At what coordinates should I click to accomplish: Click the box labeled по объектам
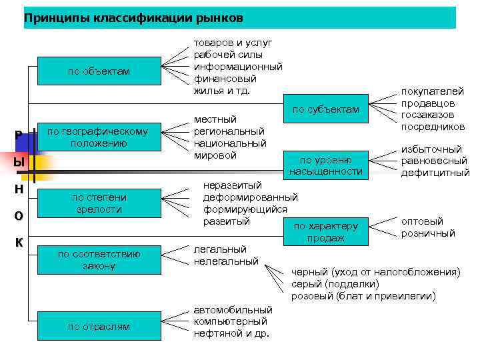(x=99, y=71)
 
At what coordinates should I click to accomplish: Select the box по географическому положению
(x=99, y=137)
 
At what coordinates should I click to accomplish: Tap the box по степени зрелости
(x=99, y=203)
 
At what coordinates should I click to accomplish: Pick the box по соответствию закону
(x=99, y=259)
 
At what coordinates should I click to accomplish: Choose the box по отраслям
(x=99, y=326)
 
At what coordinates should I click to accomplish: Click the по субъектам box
(x=326, y=109)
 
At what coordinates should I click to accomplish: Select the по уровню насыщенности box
(x=326, y=166)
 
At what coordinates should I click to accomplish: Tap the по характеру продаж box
(x=326, y=231)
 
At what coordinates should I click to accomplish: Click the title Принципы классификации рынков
(x=133, y=17)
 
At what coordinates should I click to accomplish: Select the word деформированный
(x=250, y=197)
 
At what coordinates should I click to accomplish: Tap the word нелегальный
(x=226, y=261)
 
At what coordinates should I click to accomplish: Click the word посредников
(x=433, y=127)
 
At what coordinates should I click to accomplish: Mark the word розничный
(x=428, y=233)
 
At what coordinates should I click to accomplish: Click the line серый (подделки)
(x=331, y=283)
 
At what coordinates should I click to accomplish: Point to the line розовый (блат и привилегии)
(x=363, y=295)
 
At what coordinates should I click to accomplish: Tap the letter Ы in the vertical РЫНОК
(x=19, y=162)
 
